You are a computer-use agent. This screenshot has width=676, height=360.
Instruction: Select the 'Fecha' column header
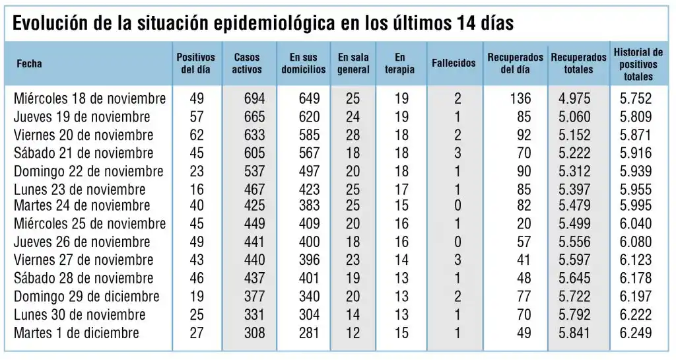tap(29, 64)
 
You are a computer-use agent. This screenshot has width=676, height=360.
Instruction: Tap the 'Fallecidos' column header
tap(454, 63)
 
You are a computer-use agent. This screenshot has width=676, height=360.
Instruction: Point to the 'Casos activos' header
tap(248, 63)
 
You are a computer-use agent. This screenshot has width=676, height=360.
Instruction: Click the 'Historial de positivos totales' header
tap(638, 64)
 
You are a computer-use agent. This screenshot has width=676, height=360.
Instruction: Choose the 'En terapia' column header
tap(400, 63)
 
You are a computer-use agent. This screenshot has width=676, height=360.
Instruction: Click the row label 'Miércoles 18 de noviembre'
tap(90, 99)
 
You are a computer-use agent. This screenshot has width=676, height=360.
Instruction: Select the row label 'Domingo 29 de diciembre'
tap(86, 296)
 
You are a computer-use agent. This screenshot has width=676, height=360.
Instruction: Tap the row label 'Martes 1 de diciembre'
tap(77, 332)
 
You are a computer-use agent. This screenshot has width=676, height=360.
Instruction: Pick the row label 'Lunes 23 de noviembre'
tap(80, 190)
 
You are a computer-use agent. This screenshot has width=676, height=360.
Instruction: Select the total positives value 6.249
tap(636, 332)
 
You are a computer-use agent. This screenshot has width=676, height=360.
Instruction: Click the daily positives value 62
tap(196, 135)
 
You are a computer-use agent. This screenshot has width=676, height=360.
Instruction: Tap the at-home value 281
tap(308, 332)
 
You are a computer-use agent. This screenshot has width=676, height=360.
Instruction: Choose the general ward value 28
tap(353, 135)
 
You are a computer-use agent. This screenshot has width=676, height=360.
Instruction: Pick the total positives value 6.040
tap(636, 223)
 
